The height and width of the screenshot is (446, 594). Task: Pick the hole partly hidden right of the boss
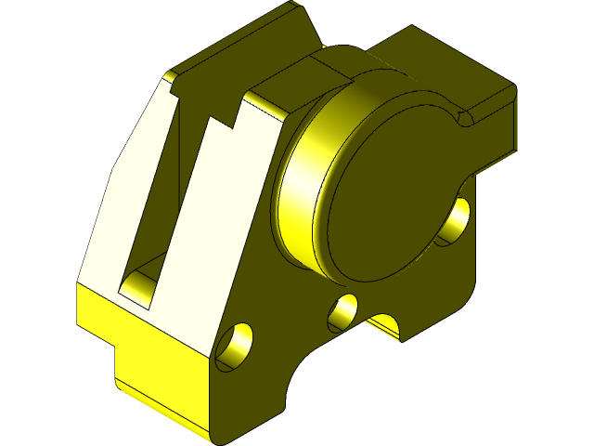click(x=456, y=221)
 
